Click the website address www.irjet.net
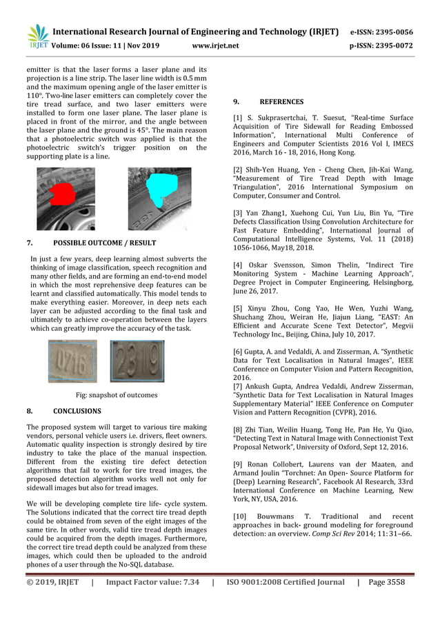pyautogui.click(x=216, y=46)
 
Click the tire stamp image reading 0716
pyautogui.click(x=72, y=361)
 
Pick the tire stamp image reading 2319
pyautogui.click(x=137, y=361)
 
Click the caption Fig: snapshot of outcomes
pyautogui.click(x=116, y=395)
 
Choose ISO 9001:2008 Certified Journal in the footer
pyautogui.click(x=285, y=582)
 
